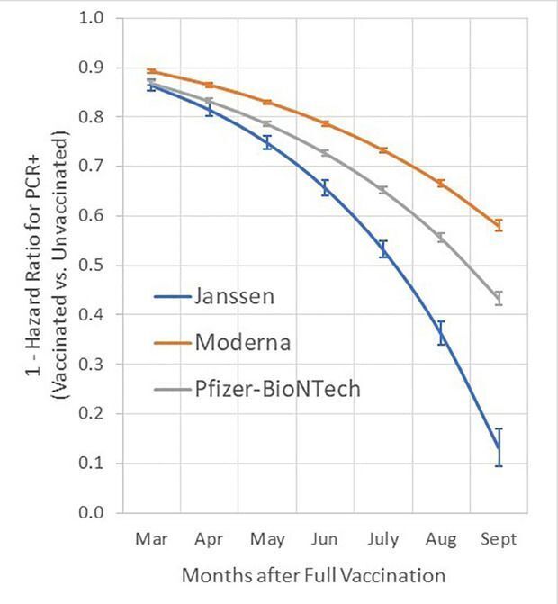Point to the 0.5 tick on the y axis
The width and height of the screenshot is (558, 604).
pos(93,266)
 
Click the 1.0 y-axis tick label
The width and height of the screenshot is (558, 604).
pos(93,18)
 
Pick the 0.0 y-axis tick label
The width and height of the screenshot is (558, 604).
pos(93,513)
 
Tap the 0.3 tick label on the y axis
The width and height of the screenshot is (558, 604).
pos(93,365)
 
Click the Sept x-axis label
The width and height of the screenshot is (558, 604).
pos(499,539)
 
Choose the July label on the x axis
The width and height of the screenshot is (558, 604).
pos(382,539)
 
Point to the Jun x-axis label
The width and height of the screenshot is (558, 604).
pos(324,539)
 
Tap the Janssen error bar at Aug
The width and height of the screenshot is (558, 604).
pos(441,333)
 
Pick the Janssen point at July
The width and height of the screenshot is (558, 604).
pos(382,249)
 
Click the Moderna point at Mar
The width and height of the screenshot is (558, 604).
pos(150,70)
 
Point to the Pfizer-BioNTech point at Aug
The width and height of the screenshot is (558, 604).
pos(441,238)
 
